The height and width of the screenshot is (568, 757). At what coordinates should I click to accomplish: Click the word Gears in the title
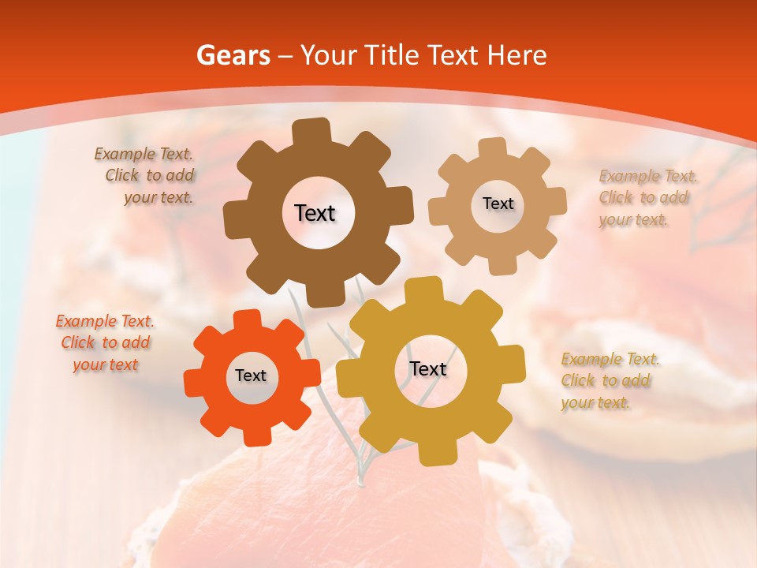click(233, 55)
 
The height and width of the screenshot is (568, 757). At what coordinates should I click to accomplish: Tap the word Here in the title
click(516, 55)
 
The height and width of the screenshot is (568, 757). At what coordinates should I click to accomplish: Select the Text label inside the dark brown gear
click(315, 213)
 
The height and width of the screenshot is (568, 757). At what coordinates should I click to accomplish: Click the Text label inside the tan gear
click(498, 204)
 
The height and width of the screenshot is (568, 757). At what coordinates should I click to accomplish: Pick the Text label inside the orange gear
click(251, 376)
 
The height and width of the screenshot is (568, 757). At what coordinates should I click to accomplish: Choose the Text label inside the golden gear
click(428, 369)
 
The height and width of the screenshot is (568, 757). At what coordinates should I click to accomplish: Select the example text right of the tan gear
click(645, 198)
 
